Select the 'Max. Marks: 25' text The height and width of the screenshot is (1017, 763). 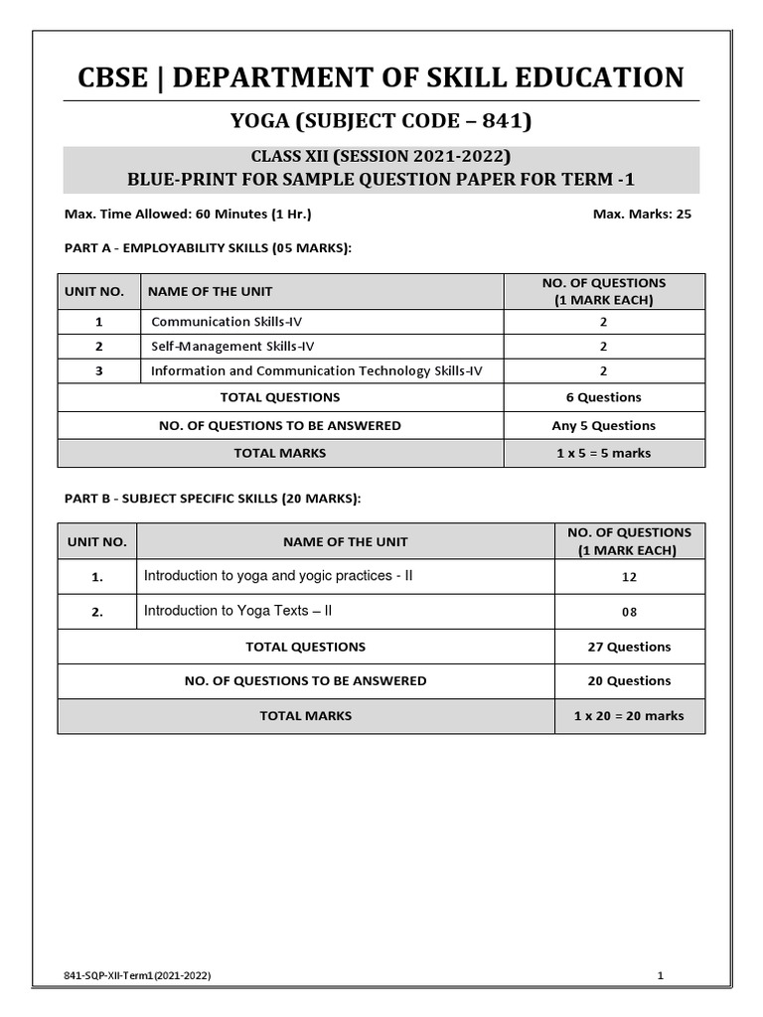642,214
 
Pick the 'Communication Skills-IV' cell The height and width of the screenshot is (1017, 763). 216,322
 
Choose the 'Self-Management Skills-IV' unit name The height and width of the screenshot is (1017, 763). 222,347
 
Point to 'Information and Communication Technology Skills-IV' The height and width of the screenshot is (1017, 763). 317,371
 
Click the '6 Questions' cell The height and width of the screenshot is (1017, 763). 604,397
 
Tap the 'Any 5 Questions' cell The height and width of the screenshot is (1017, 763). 604,425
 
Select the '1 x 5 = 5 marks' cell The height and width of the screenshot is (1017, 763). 604,453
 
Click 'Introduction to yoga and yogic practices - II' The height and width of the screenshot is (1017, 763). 278,576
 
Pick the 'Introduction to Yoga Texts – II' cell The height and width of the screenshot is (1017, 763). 238,611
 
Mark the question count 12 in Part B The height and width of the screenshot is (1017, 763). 629,577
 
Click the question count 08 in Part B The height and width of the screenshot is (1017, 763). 629,612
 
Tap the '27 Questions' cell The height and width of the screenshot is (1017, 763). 629,647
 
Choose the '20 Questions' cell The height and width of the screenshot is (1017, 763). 629,680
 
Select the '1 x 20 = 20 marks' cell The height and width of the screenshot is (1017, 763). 629,715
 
